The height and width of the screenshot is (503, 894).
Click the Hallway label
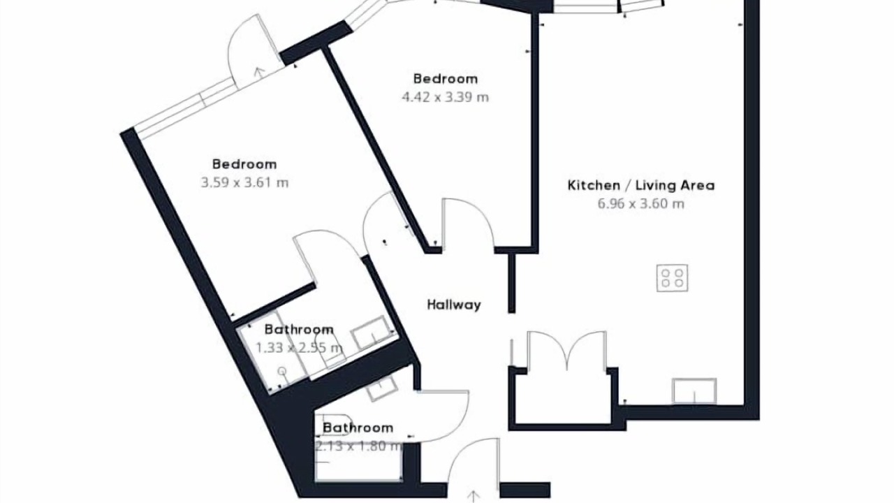coord(454,305)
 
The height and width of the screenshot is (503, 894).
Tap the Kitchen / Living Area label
coord(641,185)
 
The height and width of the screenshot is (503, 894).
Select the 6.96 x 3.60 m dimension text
coord(641,204)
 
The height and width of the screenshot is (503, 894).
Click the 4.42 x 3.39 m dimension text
coord(445,97)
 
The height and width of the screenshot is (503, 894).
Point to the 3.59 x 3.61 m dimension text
coord(244,183)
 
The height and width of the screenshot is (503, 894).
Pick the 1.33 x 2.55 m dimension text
coord(299,348)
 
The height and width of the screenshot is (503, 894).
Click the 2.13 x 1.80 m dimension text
coord(358,446)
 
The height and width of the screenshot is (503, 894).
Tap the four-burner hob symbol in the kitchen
coord(672,278)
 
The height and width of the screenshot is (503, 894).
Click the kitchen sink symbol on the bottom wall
coord(694,391)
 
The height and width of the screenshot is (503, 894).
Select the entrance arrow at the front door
coord(474,496)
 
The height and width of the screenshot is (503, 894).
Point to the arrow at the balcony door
coord(259,72)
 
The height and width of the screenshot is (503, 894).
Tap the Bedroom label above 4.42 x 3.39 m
coord(446,79)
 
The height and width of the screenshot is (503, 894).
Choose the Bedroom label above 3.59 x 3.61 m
coord(244,164)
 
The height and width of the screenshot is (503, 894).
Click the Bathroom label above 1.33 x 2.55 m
coord(299,330)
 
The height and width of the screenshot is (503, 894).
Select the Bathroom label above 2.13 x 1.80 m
coord(358,428)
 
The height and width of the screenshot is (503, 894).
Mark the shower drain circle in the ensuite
coord(282,372)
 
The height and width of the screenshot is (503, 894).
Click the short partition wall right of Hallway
coord(512,283)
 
